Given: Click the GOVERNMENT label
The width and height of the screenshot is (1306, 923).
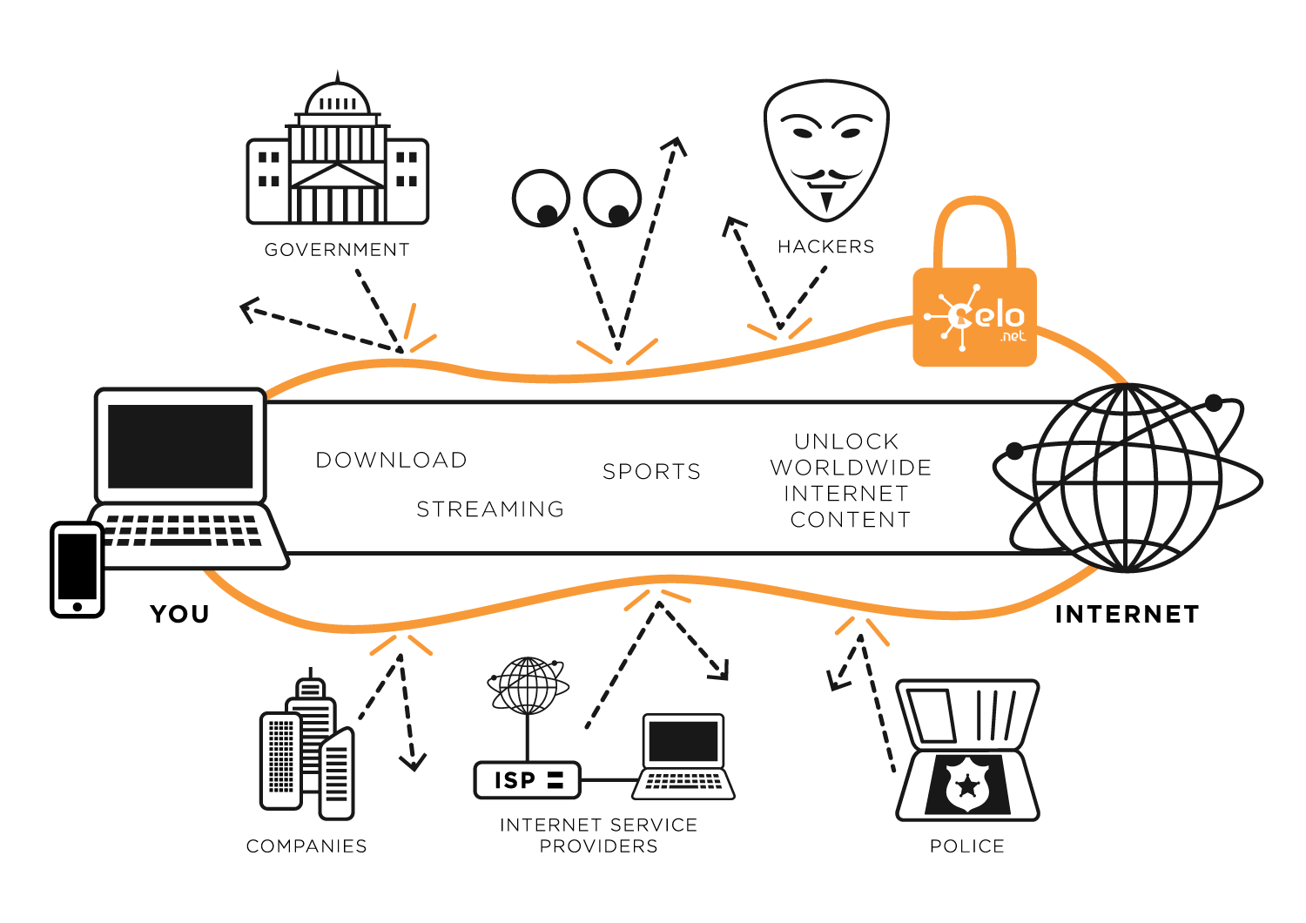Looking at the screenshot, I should coord(337,250).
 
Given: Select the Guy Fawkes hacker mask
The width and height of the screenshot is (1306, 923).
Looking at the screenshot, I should coord(825,148).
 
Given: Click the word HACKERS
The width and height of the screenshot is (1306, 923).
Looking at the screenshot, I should coord(825,247).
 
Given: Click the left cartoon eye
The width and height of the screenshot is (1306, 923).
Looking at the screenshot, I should coord(541,199).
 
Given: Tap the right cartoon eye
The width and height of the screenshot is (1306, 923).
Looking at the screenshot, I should coord(612,199).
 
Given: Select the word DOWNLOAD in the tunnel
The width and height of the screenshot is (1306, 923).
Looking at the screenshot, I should coord(392,460).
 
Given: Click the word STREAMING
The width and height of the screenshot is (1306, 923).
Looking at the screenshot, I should coord(490,509).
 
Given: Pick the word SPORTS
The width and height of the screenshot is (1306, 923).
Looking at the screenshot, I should coord(651,471).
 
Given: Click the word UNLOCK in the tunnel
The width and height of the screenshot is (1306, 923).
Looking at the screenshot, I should coord(846,441).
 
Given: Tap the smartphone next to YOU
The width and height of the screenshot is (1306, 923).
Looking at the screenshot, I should coord(77,569).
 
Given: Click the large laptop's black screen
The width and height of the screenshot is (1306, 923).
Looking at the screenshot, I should coord(180,446).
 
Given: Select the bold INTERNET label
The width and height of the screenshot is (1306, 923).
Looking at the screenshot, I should coord(1127,615).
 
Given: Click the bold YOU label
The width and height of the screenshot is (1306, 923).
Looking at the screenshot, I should coord(179,614).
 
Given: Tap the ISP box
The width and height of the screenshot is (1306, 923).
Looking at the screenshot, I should coord(527,779).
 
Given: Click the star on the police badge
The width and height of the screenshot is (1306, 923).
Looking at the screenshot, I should coord(967,786).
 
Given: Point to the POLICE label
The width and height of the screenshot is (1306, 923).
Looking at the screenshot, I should coord(967,846).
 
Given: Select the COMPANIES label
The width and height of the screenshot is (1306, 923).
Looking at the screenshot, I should coord(306,846).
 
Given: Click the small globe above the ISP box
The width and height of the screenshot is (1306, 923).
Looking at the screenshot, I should coord(528,685).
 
